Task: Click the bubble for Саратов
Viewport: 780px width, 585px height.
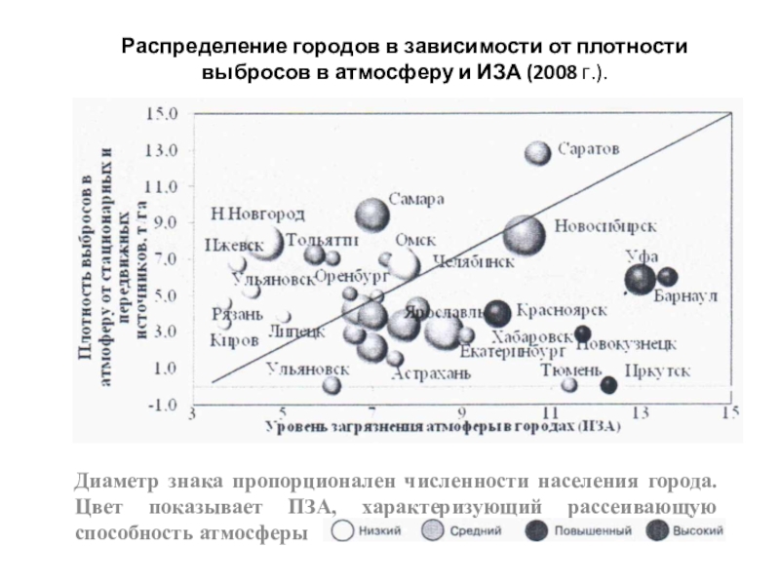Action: pos(538,153)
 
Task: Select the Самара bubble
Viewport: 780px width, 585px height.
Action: pos(371,214)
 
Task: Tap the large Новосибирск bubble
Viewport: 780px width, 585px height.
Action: pos(525,234)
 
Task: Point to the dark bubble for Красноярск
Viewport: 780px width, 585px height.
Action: pos(498,313)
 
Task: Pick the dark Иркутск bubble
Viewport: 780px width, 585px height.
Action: pos(608,385)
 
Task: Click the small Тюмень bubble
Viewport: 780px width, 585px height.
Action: pos(569,385)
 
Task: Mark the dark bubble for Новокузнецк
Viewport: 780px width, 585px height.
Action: pos(582,333)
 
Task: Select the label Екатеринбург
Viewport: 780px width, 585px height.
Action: pos(513,351)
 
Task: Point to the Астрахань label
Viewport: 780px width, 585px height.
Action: pos(439,373)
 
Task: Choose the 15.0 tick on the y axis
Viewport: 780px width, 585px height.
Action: pos(162,113)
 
